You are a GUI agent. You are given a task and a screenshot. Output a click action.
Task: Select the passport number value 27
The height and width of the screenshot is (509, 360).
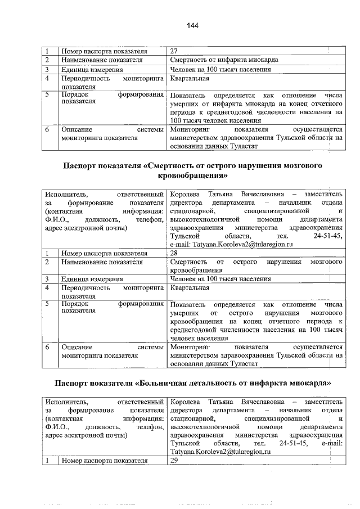point(174,51)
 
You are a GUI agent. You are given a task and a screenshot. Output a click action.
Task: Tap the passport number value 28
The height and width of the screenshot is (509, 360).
point(174,253)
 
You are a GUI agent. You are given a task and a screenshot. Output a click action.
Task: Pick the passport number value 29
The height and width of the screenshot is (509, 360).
point(174,461)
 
